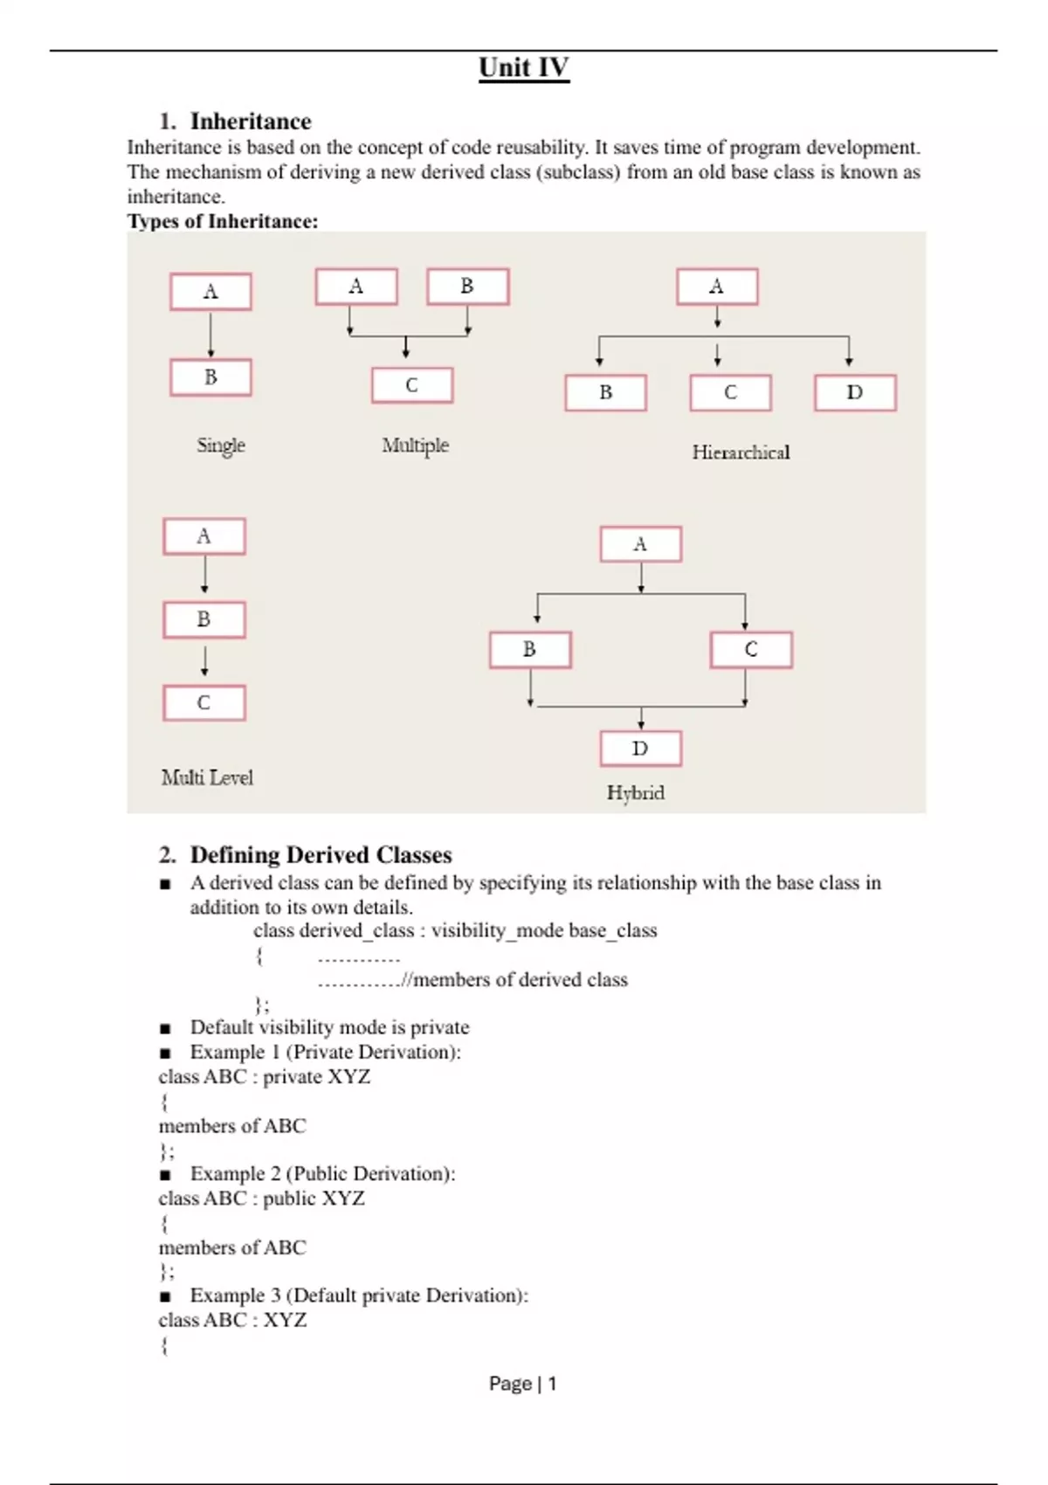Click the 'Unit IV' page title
coord(524,68)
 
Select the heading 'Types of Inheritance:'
coord(223,221)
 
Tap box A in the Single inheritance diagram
coord(210,292)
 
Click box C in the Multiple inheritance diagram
coord(412,385)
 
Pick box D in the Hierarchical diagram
coord(855,393)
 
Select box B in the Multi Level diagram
coord(204,619)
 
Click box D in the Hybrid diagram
coord(640,749)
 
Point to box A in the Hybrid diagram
coord(640,544)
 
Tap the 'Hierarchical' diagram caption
coord(741,452)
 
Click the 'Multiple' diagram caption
coord(415,445)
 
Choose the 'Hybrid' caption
coord(636,793)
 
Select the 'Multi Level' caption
coord(207,777)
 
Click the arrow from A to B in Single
coord(210,335)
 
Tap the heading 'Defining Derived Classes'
coord(321,854)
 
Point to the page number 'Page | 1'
coord(522,1384)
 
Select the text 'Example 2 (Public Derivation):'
coord(322,1173)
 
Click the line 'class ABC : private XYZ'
coord(264,1076)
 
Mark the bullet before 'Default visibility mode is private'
coord(165,1028)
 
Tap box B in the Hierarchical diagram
coord(605,393)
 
